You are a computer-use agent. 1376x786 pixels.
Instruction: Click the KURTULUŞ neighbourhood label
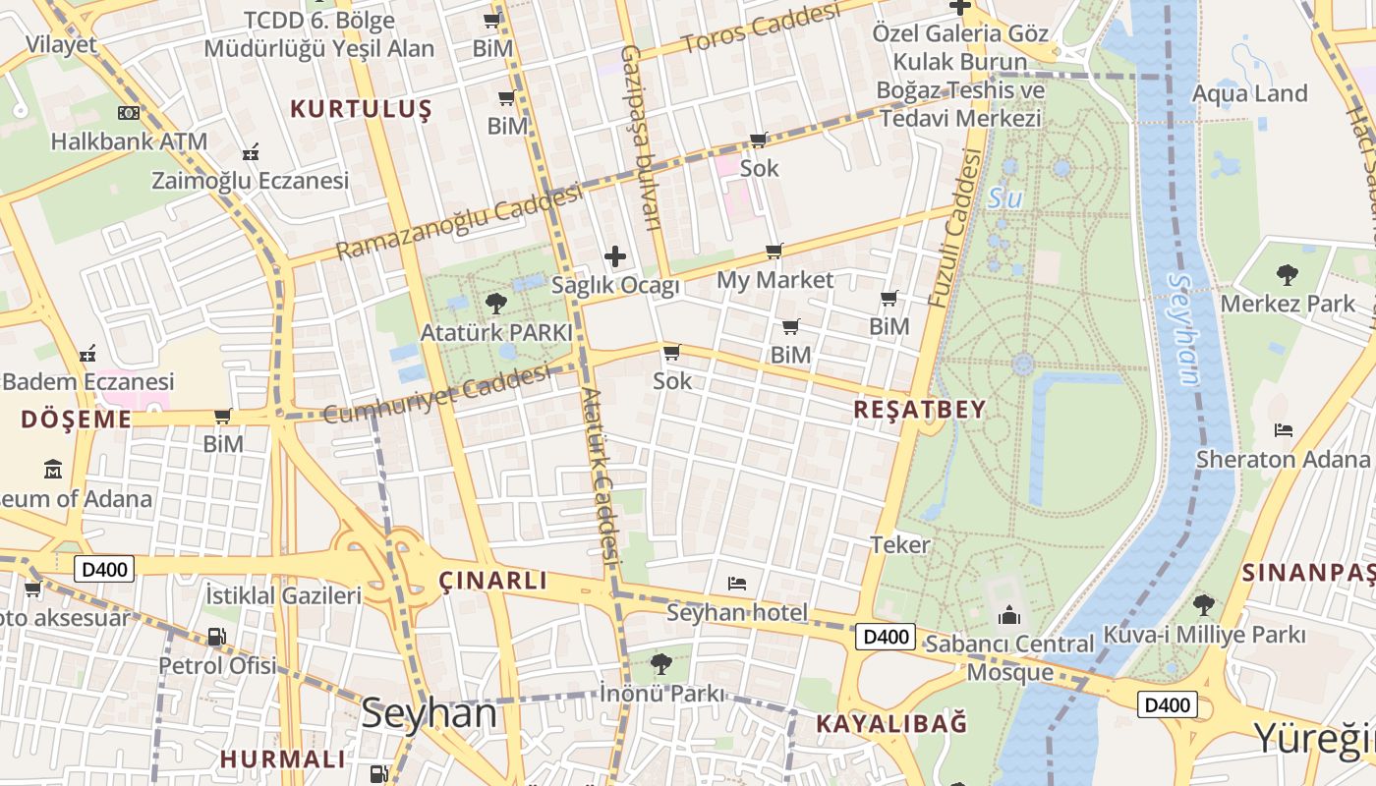361,109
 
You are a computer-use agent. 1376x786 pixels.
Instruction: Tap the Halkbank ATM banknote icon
129,113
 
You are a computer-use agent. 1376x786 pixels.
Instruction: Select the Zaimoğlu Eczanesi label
250,181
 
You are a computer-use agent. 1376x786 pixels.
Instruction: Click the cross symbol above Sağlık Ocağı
615,257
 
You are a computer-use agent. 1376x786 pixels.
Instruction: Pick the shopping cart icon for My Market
774,252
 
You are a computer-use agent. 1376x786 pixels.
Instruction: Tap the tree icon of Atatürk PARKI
496,303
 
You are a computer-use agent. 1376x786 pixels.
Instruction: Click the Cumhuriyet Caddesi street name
437,394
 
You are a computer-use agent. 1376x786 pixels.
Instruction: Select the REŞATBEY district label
919,410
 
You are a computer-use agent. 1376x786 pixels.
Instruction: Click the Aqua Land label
1249,93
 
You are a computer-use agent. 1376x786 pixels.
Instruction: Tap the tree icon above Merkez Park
1288,275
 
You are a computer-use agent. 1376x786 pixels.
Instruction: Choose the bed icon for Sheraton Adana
1283,430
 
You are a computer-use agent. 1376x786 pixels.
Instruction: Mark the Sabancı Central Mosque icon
1009,616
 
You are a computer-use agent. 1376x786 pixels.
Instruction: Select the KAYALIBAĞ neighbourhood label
891,724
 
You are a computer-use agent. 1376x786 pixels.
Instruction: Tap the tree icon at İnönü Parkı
661,664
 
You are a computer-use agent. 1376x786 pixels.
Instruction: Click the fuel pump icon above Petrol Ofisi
216,637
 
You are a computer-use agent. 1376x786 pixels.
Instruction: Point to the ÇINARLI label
492,581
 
